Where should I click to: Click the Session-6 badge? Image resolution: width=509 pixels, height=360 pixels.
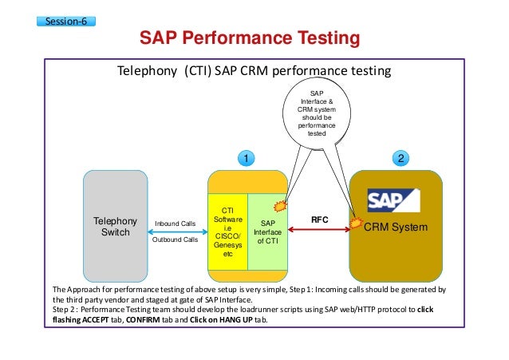coord(66,20)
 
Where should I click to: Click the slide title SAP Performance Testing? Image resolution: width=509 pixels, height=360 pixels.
coord(250,39)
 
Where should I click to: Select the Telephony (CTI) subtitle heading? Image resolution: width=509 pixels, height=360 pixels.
coord(254,70)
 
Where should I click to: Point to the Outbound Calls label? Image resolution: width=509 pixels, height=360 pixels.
coord(175,239)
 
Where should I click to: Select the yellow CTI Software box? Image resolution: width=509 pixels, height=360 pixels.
coord(228,231)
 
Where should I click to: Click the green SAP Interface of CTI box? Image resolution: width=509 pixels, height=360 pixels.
coord(268,231)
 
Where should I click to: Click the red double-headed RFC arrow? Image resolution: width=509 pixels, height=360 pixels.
coord(320,229)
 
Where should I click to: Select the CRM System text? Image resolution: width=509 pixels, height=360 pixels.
coord(396,227)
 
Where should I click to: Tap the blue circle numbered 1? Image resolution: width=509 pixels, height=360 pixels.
coord(247,158)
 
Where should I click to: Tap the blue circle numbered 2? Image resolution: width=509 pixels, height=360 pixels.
coord(402,158)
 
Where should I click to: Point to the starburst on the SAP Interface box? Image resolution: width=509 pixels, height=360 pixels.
coord(281,204)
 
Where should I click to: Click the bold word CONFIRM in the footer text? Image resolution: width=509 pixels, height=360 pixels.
coord(121,320)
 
